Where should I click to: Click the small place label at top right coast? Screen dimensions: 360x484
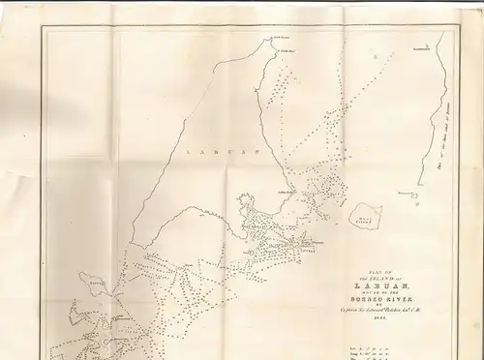(x=421, y=47)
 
